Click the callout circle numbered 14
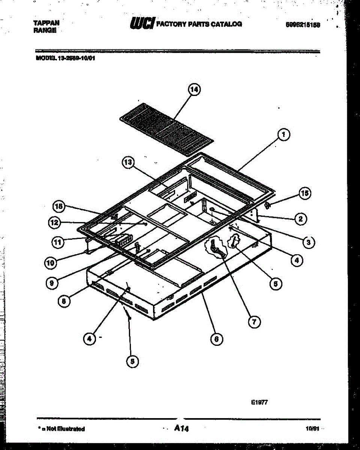(x=193, y=90)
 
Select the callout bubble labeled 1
(x=284, y=134)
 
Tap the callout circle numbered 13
(x=128, y=162)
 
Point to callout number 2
(x=300, y=219)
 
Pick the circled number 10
(x=51, y=263)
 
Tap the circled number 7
(x=255, y=321)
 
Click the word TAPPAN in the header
(x=46, y=23)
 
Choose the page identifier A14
(x=181, y=428)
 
